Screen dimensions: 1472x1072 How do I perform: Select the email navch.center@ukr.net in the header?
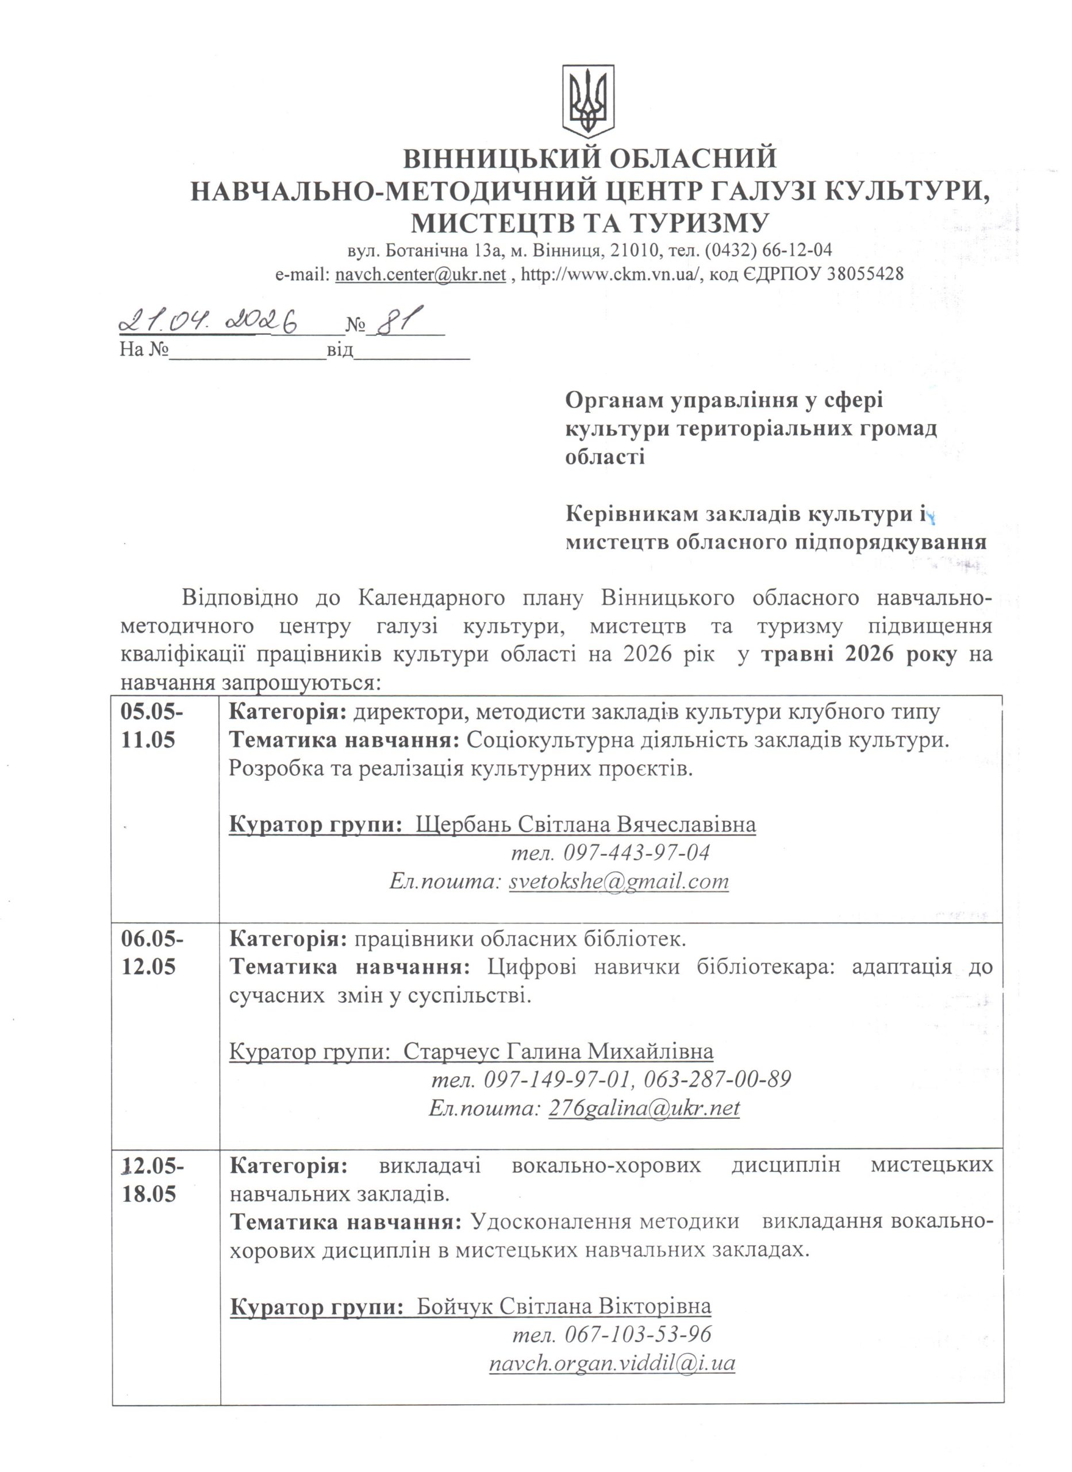[x=421, y=274]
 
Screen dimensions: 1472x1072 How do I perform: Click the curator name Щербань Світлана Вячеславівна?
[x=585, y=825]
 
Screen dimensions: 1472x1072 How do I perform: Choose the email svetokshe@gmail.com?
[x=618, y=881]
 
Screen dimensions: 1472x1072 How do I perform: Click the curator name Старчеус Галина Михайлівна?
[x=558, y=1052]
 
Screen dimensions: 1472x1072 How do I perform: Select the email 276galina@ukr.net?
[x=644, y=1108]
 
